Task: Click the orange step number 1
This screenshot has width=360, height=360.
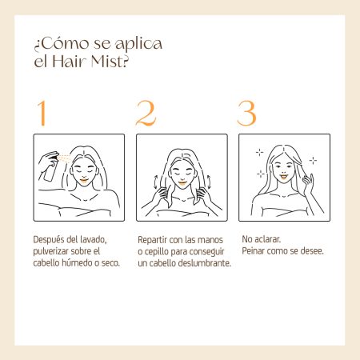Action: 42,113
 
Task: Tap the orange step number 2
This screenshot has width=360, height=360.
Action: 146,113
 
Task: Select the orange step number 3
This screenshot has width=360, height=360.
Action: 246,113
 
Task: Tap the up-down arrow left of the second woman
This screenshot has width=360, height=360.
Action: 155,182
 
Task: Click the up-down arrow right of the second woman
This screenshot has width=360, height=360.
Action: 209,182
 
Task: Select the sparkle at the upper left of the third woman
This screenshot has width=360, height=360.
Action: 259,152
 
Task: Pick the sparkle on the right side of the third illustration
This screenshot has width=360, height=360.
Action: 313,160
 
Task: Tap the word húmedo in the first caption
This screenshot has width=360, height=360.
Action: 77,263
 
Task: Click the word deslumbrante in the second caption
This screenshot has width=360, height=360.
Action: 204,263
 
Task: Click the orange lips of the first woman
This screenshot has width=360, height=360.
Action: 84,181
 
